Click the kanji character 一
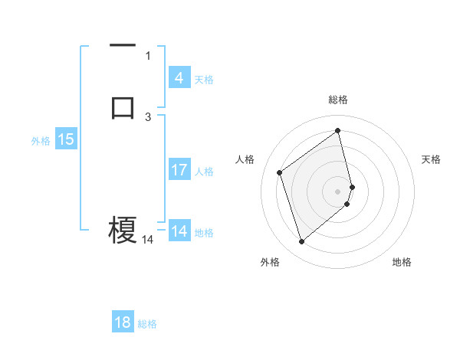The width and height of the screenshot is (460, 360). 123,46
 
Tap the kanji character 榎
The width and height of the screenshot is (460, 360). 123,229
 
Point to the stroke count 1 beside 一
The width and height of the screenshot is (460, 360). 148,55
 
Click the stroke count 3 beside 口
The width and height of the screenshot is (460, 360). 148,116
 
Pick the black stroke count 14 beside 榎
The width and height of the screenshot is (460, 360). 147,240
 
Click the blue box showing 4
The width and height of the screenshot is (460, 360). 179,78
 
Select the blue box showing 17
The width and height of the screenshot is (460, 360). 179,170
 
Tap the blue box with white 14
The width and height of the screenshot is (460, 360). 179,231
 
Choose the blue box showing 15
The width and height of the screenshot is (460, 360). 66,139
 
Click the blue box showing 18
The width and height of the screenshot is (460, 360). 123,322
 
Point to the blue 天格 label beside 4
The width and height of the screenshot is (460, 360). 203,80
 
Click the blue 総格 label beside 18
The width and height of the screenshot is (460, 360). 147,324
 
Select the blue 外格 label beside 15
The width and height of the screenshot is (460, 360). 41,141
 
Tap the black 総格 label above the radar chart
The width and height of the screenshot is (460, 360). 338,100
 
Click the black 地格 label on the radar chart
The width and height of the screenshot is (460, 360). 402,263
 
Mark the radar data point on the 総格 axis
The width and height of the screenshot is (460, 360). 338,130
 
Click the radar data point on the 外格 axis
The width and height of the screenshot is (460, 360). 301,242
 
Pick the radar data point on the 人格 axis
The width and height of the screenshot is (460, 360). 280,172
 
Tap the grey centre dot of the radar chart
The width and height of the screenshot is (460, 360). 338,191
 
